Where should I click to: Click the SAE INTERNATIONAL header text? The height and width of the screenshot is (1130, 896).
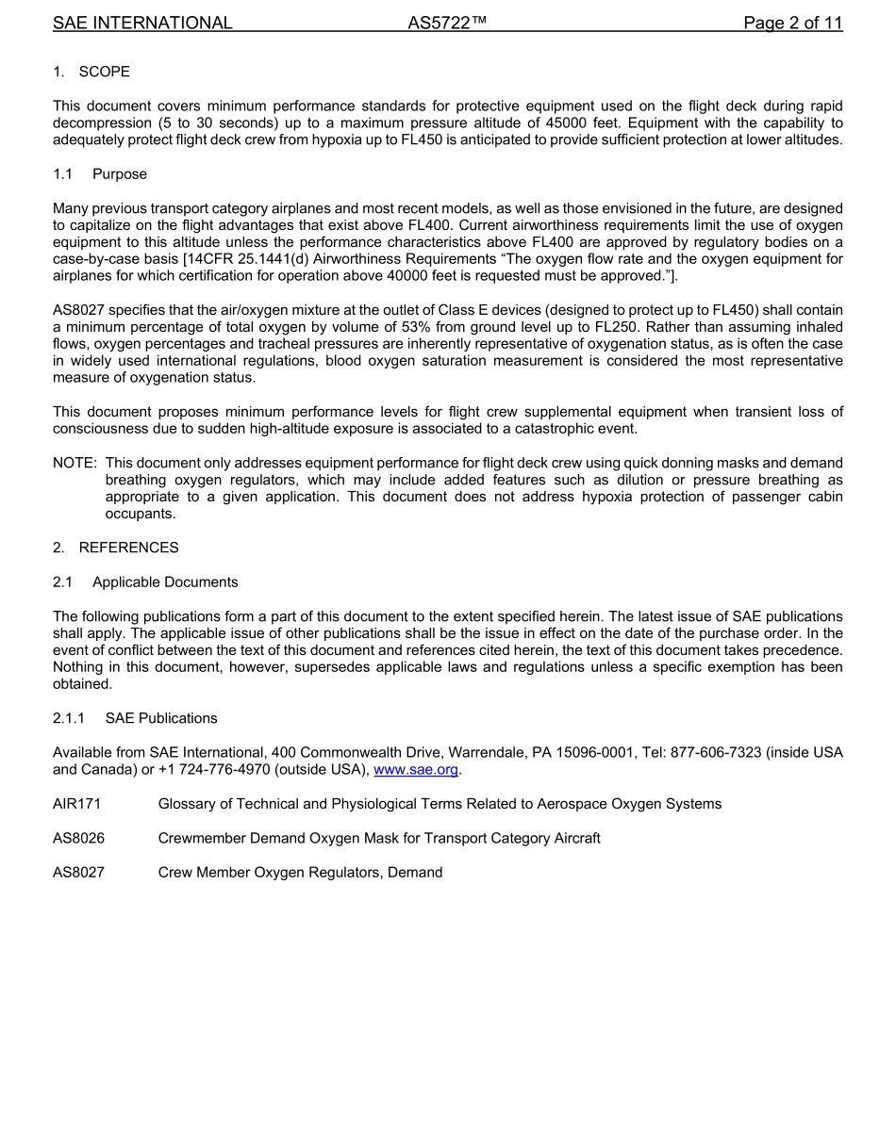[x=142, y=23]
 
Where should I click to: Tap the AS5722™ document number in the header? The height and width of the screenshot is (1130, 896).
[x=446, y=23]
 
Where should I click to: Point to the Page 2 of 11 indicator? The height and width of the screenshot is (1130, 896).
[x=792, y=23]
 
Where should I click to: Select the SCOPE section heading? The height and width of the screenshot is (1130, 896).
[x=104, y=72]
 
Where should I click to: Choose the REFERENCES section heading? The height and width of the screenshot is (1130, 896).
[x=128, y=548]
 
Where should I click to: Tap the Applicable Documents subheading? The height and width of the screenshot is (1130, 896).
[x=165, y=581]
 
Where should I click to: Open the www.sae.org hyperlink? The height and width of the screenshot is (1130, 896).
[x=416, y=769]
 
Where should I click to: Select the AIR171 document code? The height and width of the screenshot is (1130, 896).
[x=77, y=804]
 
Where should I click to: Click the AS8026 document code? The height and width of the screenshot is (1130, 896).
[x=79, y=838]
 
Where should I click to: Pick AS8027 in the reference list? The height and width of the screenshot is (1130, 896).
[x=79, y=873]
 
